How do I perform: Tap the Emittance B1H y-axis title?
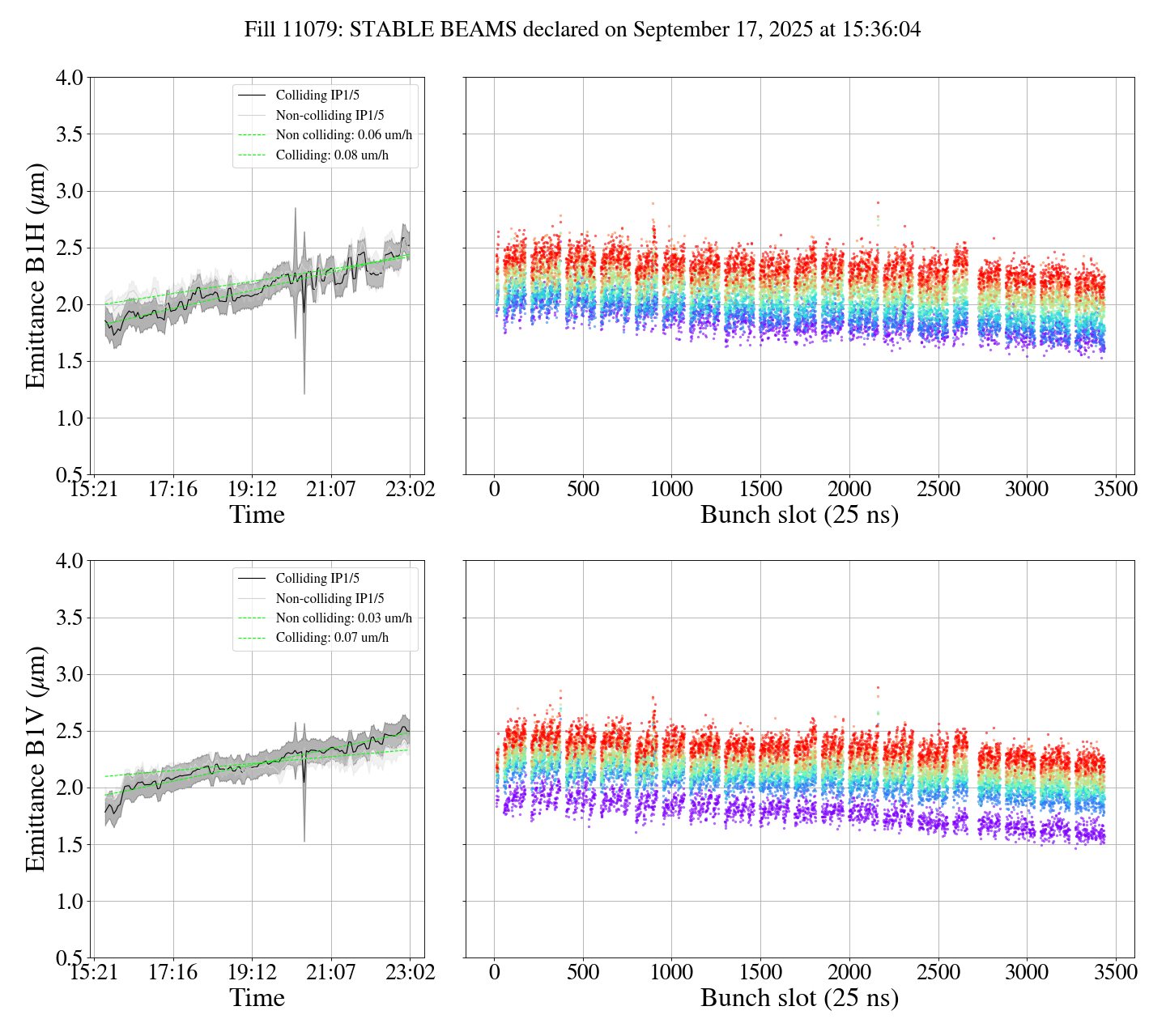pos(36,275)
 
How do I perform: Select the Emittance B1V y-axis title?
pos(36,758)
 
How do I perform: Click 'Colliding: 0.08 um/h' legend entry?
pos(332,155)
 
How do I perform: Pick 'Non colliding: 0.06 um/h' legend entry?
pos(343,135)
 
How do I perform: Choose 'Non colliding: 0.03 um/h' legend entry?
pos(343,618)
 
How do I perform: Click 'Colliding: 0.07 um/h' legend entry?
pos(332,638)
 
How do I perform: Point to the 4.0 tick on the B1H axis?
pos(69,79)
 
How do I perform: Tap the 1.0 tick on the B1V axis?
pos(69,902)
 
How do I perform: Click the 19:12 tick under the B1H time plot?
pos(252,490)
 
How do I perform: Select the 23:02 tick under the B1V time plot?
pos(411,972)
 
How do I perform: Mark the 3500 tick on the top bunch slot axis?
pos(1115,490)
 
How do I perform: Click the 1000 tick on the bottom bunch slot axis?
pos(672,972)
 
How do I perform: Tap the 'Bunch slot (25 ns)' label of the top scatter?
pos(799,515)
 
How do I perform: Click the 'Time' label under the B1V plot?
pos(257,998)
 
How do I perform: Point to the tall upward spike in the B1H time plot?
pos(295,209)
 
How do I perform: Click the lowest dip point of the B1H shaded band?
pos(304,393)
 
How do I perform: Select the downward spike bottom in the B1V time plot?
pos(304,841)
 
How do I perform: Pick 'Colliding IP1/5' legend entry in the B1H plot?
pos(317,96)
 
